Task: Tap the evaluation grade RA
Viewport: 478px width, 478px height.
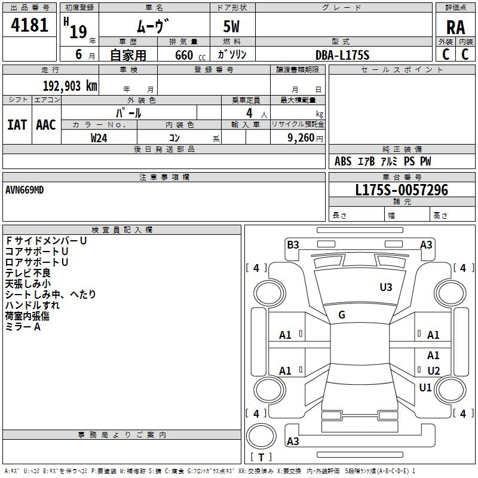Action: pos(455,27)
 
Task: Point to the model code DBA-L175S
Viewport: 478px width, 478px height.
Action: pos(342,55)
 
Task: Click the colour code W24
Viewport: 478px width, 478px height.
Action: pos(99,137)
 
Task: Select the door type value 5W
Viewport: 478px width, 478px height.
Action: pos(232,27)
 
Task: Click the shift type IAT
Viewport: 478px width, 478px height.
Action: pos(17,125)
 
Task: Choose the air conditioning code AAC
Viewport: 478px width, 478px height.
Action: pos(46,125)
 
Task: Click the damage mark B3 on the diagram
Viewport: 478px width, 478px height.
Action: pos(293,244)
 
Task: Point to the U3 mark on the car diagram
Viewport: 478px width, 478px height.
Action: pos(386,287)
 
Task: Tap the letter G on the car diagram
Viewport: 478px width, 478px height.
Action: pos(342,315)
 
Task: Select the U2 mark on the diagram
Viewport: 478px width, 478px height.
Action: pos(434,371)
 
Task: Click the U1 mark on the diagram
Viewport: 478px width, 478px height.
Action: pos(425,388)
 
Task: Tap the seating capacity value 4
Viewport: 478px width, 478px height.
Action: pos(249,113)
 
